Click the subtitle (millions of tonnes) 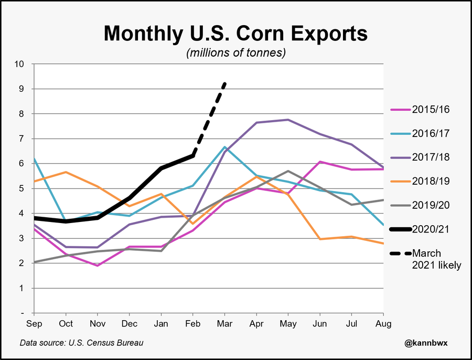pos(235,53)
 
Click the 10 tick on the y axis pos(19,64)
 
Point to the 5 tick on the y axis pos(22,188)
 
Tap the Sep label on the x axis pos(34,324)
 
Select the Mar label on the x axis pos(225,324)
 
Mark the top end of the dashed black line pos(225,83)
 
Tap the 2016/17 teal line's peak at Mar pos(225,147)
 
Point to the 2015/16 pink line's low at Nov pos(98,266)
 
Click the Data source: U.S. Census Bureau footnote pos(81,343)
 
